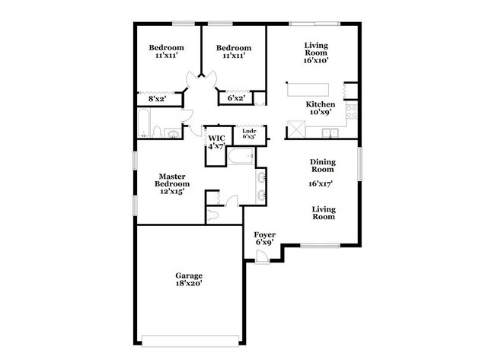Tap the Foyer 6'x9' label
pyautogui.click(x=264, y=238)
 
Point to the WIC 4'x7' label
pyautogui.click(x=216, y=142)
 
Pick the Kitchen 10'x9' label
pyautogui.click(x=321, y=108)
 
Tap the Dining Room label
pyautogui.click(x=323, y=165)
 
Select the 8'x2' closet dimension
pyautogui.click(x=156, y=98)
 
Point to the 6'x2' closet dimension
pyautogui.click(x=236, y=98)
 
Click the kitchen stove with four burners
pyautogui.click(x=353, y=112)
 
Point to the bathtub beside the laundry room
pyautogui.click(x=242, y=158)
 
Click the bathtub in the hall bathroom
pyautogui.click(x=145, y=122)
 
